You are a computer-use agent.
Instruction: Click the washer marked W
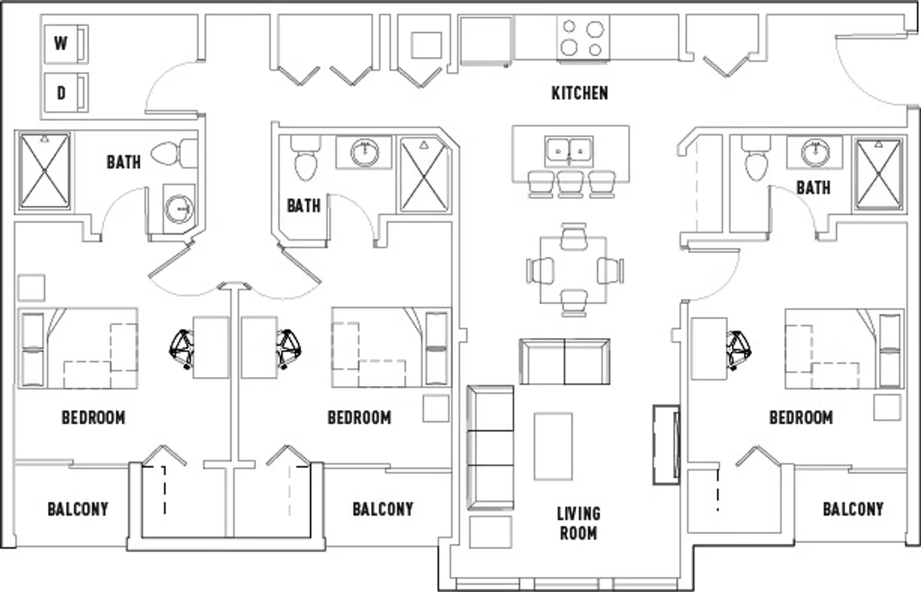pyautogui.click(x=66, y=44)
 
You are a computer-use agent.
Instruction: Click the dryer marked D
pyautogui.click(x=66, y=93)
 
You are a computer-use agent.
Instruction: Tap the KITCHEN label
pyautogui.click(x=580, y=93)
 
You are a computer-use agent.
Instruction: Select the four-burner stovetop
pyautogui.click(x=583, y=38)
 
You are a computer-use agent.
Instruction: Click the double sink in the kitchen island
pyautogui.click(x=569, y=151)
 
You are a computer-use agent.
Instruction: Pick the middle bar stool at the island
pyautogui.click(x=570, y=184)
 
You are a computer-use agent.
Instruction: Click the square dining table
pyautogui.click(x=573, y=270)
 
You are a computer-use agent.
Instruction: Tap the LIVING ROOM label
pyautogui.click(x=578, y=523)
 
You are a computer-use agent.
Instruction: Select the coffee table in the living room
pyautogui.click(x=553, y=446)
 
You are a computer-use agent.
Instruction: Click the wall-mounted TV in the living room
pyautogui.click(x=667, y=445)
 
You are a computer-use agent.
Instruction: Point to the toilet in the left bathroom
pyautogui.click(x=174, y=153)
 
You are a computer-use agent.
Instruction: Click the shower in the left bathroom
pyautogui.click(x=44, y=171)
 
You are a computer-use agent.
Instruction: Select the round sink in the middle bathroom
pyautogui.click(x=364, y=152)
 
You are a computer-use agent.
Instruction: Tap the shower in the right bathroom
pyautogui.click(x=879, y=174)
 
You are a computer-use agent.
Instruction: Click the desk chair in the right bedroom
pyautogui.click(x=739, y=351)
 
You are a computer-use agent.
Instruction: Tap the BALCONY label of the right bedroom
pyautogui.click(x=853, y=509)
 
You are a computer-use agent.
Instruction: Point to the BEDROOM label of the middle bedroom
pyautogui.click(x=360, y=418)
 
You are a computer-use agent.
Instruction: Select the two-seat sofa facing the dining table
pyautogui.click(x=565, y=362)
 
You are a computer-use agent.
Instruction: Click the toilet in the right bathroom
pyautogui.click(x=756, y=158)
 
